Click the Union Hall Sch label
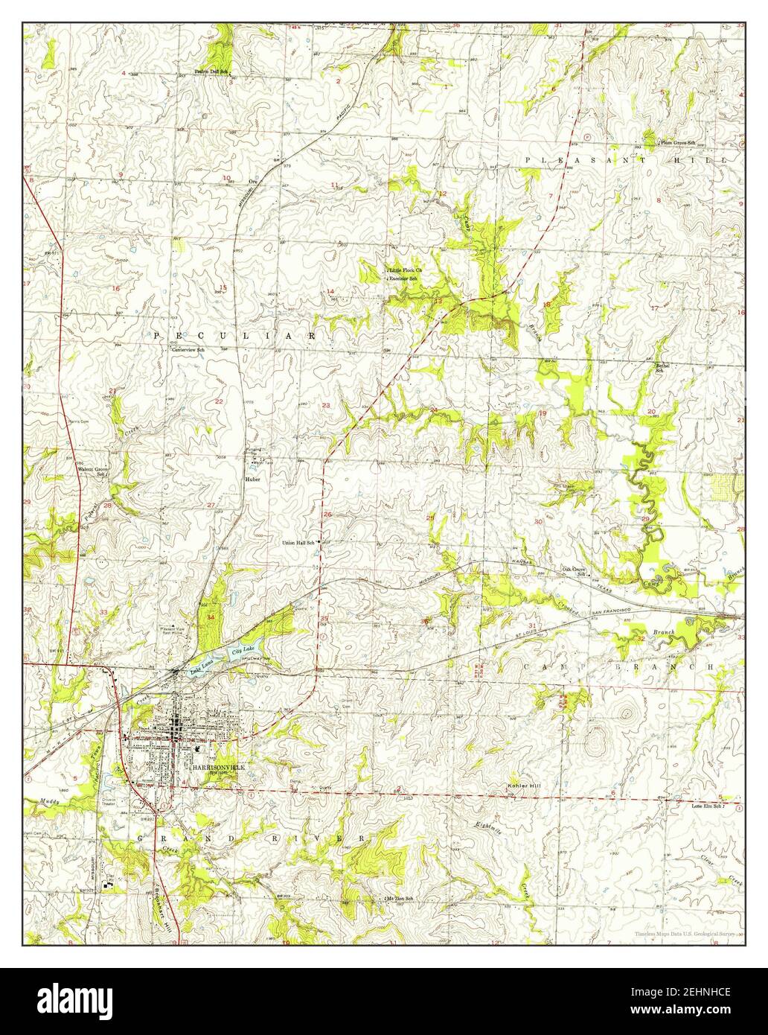pyautogui.click(x=298, y=543)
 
